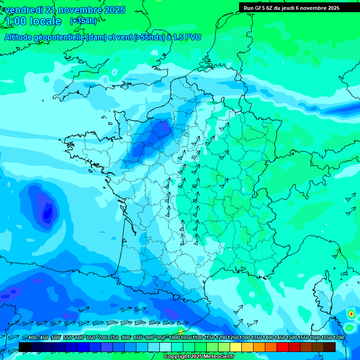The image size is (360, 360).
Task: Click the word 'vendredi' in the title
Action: (x=23, y=10)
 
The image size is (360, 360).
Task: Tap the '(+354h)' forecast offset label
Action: (x=83, y=21)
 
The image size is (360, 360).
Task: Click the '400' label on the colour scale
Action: (x=32, y=337)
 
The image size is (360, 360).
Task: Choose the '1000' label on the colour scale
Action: (x=174, y=337)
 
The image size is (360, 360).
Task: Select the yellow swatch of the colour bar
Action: (x=236, y=347)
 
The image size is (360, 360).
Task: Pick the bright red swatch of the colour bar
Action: (x=283, y=347)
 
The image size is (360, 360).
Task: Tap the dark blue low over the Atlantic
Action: (x=47, y=212)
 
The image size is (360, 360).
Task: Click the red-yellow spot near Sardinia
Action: (x=351, y=313)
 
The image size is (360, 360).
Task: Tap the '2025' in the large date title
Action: (x=114, y=10)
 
